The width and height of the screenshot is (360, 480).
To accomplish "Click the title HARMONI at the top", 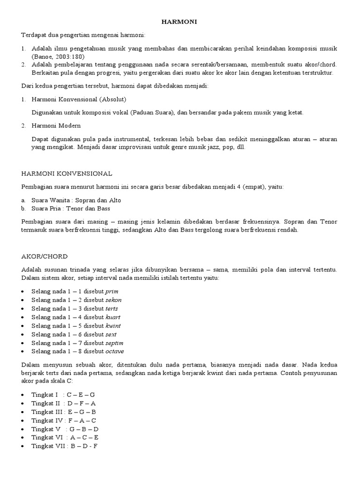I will coord(180,22).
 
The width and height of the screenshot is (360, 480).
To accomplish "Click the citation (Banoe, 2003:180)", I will coord(58,57).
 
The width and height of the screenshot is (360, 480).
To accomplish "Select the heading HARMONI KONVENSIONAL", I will coord(67,173).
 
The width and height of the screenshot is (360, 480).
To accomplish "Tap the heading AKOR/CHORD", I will coord(45,256).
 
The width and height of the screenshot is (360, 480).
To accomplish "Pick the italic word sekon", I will coord(114,300).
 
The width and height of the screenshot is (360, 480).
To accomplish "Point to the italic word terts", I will coord(112,308).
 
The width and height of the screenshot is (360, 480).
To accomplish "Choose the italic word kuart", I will coord(113,317).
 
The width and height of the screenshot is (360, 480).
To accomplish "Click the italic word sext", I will coord(111,334).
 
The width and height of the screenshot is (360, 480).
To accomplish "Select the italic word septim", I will coord(115,343).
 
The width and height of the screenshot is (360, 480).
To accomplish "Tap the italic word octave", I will coord(115,352).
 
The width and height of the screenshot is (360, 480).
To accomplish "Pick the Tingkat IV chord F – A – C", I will coord(83,420).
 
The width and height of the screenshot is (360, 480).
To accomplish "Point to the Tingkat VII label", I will coord(47,446).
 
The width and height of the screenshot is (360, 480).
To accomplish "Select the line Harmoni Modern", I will coord(56,126).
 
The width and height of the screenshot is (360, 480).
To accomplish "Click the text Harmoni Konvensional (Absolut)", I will coord(79,99).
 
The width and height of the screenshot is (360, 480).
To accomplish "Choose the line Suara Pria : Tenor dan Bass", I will coord(71,208).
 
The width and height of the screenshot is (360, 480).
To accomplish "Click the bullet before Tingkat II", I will coord(23,404).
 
